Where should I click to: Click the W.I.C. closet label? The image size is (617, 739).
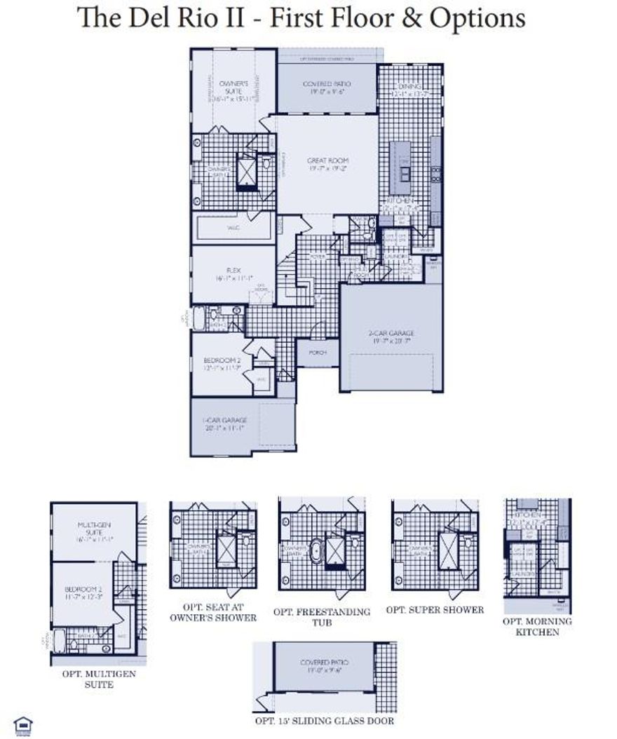234,227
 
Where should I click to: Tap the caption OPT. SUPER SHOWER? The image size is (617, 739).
435,610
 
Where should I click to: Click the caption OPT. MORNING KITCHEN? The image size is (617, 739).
537,626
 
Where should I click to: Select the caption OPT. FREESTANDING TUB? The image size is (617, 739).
322,617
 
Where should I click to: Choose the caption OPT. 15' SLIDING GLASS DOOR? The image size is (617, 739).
325,721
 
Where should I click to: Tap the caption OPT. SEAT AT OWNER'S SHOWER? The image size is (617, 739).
213,612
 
